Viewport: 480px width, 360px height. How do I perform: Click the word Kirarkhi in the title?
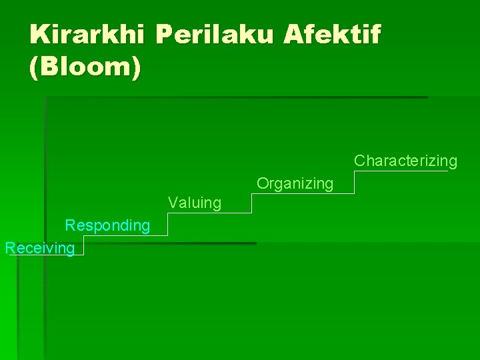pyautogui.click(x=89, y=34)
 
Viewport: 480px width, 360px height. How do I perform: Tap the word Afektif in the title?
pyautogui.click(x=332, y=34)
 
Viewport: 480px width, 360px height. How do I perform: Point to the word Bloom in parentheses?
pyautogui.click(x=85, y=68)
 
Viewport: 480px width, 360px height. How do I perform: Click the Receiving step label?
pyautogui.click(x=39, y=248)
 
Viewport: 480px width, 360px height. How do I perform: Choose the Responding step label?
pyautogui.click(x=107, y=225)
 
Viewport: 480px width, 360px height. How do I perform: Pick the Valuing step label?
pyautogui.click(x=195, y=203)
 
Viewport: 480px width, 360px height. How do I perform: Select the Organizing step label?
pyautogui.click(x=295, y=183)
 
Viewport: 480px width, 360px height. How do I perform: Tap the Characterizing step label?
pyautogui.click(x=405, y=161)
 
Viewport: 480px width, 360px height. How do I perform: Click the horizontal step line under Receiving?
pyautogui.click(x=47, y=255)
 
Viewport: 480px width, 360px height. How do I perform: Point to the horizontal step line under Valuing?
pyautogui.click(x=209, y=213)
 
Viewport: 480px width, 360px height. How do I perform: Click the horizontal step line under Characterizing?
pyautogui.click(x=400, y=171)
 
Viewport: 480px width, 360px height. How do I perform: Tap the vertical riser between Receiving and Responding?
pyautogui.click(x=84, y=245)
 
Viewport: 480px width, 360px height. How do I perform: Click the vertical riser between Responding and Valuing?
pyautogui.click(x=167, y=225)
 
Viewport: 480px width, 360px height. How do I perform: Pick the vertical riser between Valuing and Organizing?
pyautogui.click(x=251, y=203)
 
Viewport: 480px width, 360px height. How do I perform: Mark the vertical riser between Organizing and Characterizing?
pyautogui.click(x=353, y=182)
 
